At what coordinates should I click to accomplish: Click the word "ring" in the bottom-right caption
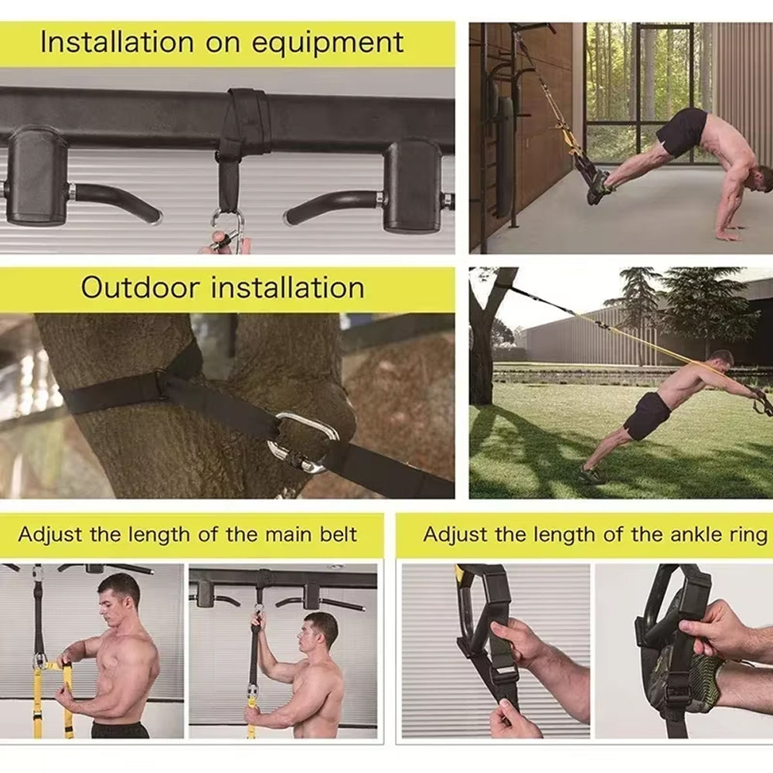(749, 535)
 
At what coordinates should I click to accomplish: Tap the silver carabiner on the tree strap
(303, 443)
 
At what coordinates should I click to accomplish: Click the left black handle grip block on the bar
(37, 176)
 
